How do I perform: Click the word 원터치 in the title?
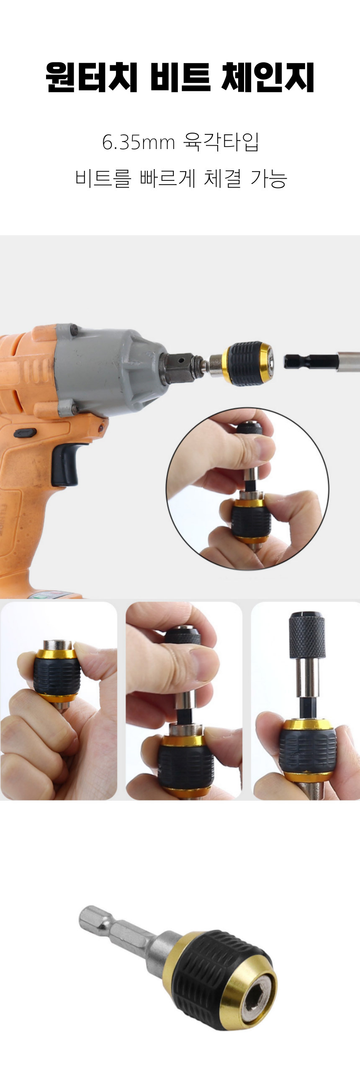pyautogui.click(x=92, y=77)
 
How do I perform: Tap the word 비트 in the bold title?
pyautogui.click(x=180, y=77)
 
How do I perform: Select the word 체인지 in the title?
pyautogui.click(x=268, y=77)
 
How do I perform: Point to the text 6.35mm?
pyautogui.click(x=138, y=142)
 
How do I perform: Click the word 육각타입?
pyautogui.click(x=221, y=142)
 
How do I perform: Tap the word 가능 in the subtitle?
pyautogui.click(x=268, y=178)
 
